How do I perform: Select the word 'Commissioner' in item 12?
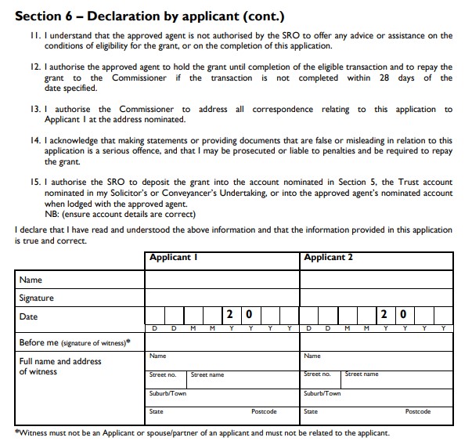[x=139, y=78]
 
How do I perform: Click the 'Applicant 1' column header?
[x=173, y=258]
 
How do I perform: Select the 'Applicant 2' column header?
[x=328, y=258]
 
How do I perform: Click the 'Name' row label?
[x=31, y=280]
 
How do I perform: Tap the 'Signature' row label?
[x=36, y=298]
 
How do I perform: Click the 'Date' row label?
[x=28, y=316]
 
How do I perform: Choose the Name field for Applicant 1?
[x=222, y=280]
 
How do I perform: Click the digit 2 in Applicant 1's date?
[x=229, y=315]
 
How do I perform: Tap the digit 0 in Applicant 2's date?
[x=403, y=315]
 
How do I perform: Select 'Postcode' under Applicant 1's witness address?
[x=264, y=411]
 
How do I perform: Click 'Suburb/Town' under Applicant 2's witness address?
[x=322, y=393]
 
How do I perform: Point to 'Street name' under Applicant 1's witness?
[x=207, y=374]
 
